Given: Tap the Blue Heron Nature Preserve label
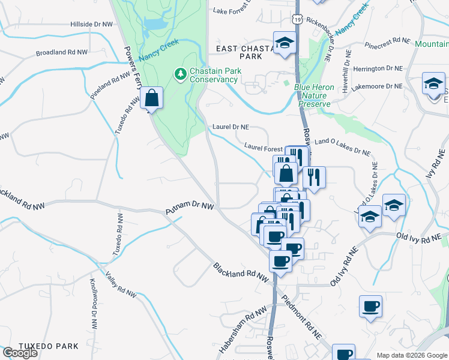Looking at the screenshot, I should [314, 95].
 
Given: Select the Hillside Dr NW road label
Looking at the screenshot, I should [91, 24].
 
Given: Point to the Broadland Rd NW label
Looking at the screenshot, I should [61, 52].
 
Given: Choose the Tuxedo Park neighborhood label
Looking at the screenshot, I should [49, 346].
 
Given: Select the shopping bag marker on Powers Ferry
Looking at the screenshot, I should [152, 98].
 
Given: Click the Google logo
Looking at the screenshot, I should [20, 353].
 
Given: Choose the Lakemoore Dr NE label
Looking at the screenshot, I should [378, 86].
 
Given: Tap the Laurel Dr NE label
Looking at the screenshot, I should [231, 127].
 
